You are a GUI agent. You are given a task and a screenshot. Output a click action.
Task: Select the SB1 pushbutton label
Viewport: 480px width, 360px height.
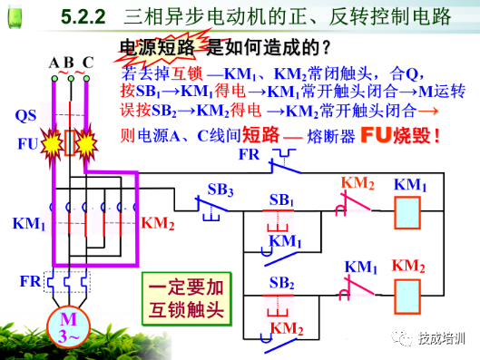(282, 199)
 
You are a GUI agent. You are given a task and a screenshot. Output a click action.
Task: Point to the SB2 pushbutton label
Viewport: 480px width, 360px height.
(281, 282)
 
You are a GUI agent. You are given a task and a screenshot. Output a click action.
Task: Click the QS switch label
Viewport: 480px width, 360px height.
(27, 116)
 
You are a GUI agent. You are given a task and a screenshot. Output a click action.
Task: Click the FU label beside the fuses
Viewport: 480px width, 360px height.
(28, 143)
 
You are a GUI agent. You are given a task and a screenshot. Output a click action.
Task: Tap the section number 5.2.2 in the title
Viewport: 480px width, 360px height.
(83, 17)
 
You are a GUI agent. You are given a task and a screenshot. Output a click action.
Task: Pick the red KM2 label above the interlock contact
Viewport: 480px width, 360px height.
(358, 182)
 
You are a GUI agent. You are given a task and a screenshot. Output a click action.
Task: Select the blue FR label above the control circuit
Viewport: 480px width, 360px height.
(249, 154)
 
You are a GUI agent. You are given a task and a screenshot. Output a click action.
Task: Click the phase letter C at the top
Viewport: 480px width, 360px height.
(88, 63)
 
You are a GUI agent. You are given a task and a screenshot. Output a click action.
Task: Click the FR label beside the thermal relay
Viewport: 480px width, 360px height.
(30, 282)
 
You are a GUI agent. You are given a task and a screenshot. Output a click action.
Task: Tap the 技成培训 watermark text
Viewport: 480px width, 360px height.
(442, 338)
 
